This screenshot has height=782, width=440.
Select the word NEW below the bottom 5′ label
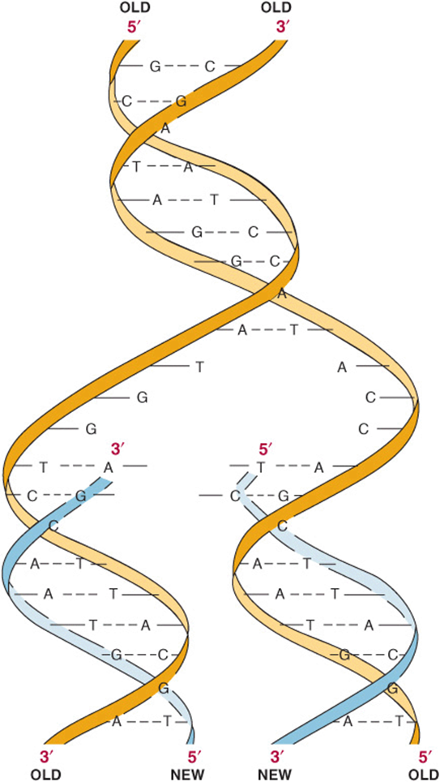coord(188,775)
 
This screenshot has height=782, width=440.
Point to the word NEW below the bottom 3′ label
coord(275,775)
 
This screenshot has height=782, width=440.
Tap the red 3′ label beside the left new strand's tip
coord(117,449)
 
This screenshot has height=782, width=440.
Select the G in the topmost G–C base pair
coord(155,66)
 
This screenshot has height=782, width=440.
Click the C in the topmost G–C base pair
coord(211,66)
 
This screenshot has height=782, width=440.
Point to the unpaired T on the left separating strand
coord(200,367)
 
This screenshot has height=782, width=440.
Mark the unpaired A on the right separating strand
coord(342,367)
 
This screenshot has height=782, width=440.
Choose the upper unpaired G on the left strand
coord(142,397)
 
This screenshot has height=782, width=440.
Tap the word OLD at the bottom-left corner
coord(46,775)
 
